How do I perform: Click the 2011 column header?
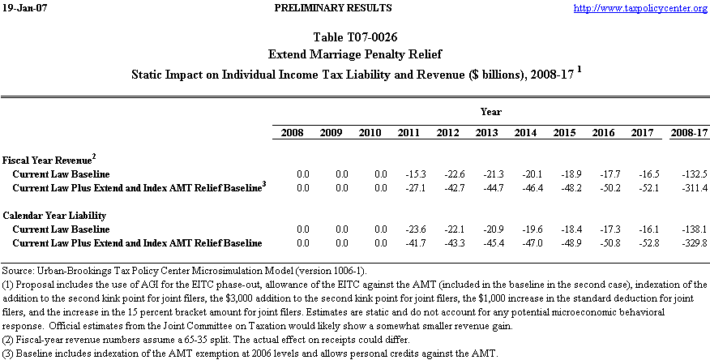coord(408,132)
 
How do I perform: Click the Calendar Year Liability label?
coord(53,216)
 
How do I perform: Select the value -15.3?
coord(409,174)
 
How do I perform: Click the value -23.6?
coord(409,230)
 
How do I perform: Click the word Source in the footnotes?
coord(18,268)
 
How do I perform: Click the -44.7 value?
coord(486,187)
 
